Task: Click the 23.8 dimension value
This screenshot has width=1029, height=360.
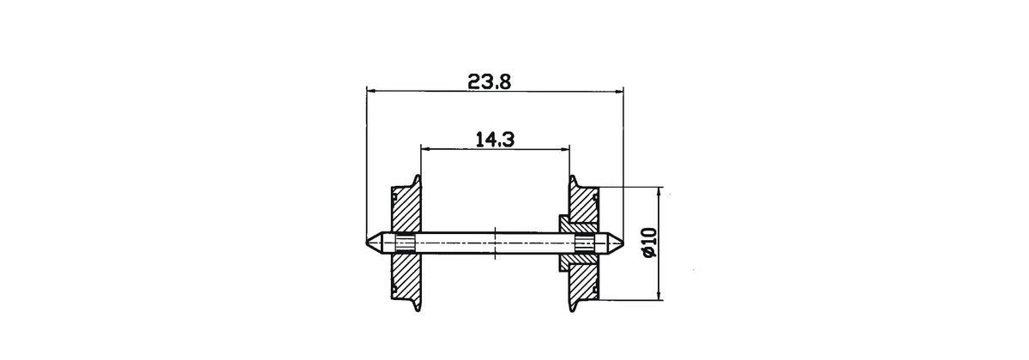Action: (x=490, y=81)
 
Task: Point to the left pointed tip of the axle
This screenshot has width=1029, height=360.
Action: (x=368, y=243)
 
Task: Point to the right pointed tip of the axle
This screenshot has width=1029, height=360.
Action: (x=621, y=243)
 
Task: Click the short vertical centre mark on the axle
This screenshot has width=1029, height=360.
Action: (x=496, y=243)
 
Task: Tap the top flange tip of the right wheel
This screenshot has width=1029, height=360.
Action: (x=571, y=178)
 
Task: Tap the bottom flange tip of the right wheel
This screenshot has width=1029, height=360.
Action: (x=571, y=308)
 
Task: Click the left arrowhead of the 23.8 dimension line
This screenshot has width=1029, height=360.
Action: (x=370, y=88)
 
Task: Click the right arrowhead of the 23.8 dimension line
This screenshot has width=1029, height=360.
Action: (x=618, y=88)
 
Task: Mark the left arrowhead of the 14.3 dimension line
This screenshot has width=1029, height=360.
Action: (x=424, y=147)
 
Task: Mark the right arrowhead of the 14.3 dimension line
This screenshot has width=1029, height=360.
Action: (x=565, y=147)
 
